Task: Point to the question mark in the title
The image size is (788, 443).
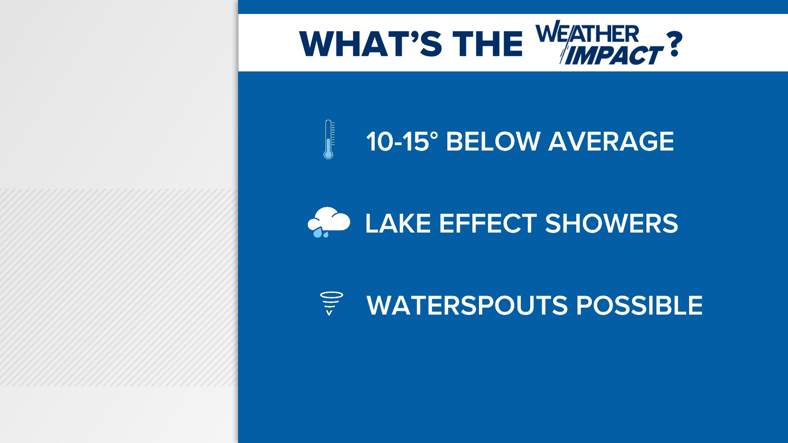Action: [x=674, y=44]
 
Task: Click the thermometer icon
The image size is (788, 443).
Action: [x=328, y=139]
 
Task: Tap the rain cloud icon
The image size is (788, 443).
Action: [x=329, y=222]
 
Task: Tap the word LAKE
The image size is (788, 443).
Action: [x=398, y=224]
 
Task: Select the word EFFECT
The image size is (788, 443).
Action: [x=488, y=224]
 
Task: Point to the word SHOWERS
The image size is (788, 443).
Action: [x=611, y=224]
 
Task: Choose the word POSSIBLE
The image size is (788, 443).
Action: [x=639, y=306]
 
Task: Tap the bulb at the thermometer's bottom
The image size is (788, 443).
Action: [x=328, y=155]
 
